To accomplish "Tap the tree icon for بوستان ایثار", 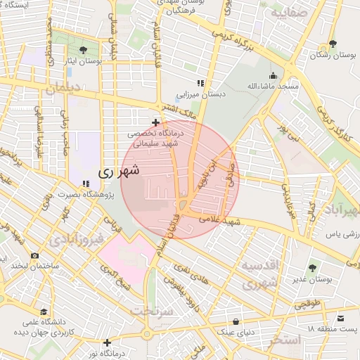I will [84, 49].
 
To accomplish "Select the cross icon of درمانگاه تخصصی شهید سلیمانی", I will [155, 122].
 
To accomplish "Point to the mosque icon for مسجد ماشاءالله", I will [273, 76].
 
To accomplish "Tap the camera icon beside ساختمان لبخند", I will [34, 255].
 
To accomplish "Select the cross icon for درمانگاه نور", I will [107, 342].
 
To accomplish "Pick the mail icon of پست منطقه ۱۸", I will [340, 319].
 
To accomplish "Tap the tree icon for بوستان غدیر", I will [312, 268].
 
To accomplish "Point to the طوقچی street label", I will [307, 304].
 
